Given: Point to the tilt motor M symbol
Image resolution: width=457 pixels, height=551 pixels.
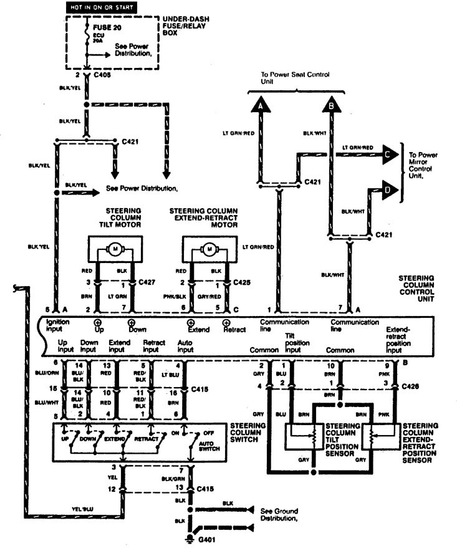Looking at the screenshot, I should coord(115,249).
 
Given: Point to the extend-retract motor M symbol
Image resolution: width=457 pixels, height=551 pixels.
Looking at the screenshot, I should coord(209,249).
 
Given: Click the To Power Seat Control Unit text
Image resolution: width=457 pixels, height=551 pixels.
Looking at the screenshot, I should coord(296,78).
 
